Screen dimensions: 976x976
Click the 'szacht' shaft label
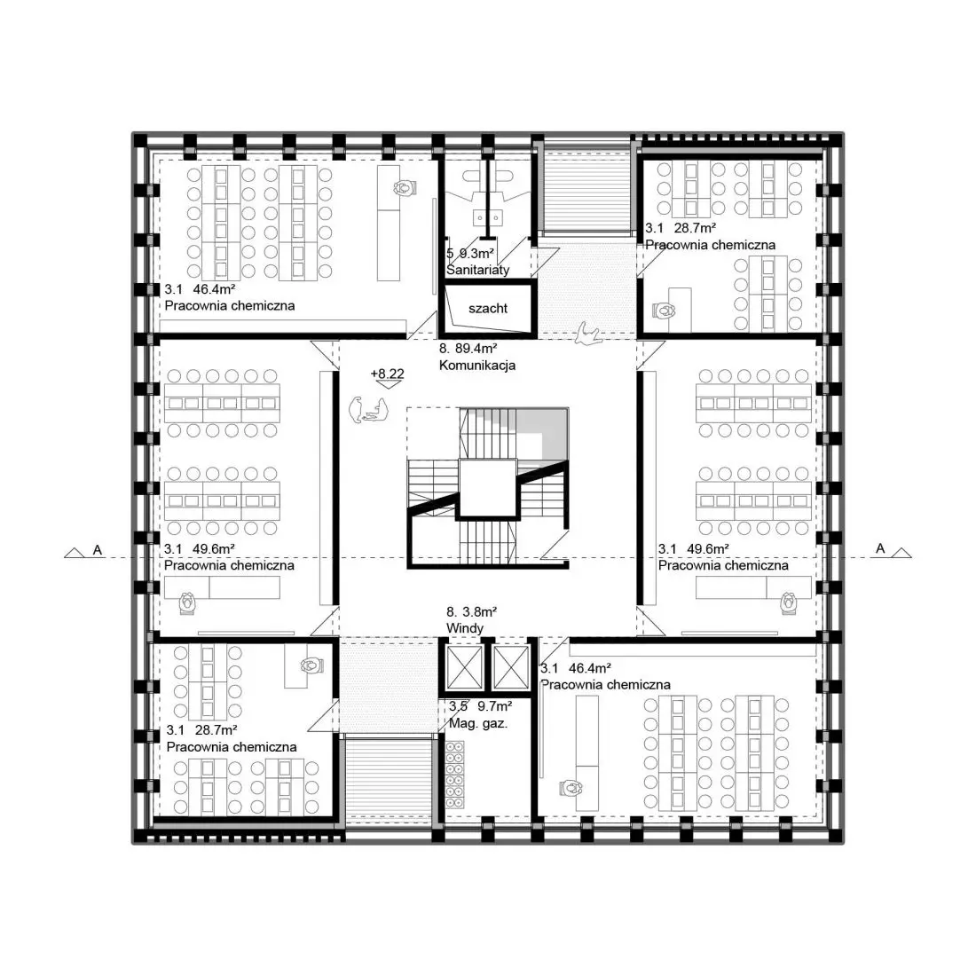(x=488, y=308)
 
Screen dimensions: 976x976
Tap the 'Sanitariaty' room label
(x=477, y=270)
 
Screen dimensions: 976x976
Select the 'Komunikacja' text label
(x=477, y=366)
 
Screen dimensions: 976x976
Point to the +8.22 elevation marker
(x=387, y=377)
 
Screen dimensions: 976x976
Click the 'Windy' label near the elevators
(x=464, y=628)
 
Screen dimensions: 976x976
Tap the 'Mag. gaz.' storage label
(x=478, y=723)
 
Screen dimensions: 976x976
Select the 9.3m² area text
(x=476, y=254)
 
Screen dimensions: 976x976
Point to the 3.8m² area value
(x=479, y=612)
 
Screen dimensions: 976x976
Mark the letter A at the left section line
(x=97, y=550)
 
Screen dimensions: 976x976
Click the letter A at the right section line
(x=880, y=548)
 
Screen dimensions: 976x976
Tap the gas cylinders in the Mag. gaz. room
(x=455, y=775)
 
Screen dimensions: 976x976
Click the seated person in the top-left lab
(x=404, y=186)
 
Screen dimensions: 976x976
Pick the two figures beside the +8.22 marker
(x=368, y=410)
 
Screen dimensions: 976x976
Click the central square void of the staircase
(x=487, y=489)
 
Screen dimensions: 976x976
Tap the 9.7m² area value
(x=495, y=706)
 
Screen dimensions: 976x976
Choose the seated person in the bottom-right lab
(x=571, y=788)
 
